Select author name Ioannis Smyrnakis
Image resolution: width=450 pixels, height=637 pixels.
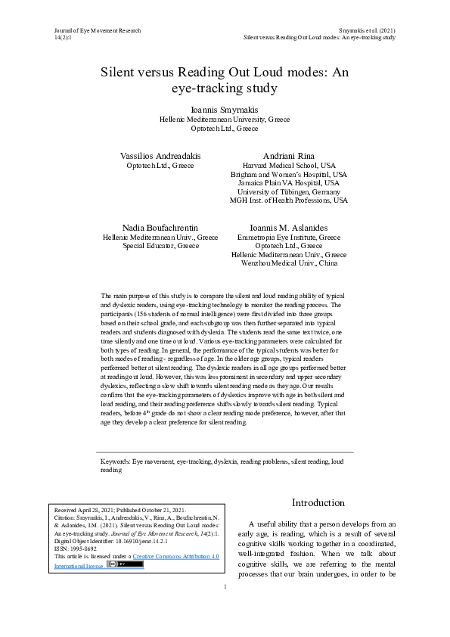click(225, 110)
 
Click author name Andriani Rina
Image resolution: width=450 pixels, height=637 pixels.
click(289, 155)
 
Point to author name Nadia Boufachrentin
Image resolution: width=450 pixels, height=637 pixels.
click(160, 227)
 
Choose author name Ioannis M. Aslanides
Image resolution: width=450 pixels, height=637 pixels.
click(289, 227)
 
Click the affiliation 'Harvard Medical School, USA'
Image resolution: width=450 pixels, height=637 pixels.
click(289, 165)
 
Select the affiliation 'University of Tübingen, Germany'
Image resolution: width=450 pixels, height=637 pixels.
click(289, 192)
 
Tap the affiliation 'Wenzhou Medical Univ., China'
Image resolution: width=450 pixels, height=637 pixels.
click(289, 264)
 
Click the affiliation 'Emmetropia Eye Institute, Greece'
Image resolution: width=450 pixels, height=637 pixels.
click(289, 237)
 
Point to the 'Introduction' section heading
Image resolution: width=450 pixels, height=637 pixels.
click(318, 503)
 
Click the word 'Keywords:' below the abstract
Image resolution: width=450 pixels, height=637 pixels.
click(116, 460)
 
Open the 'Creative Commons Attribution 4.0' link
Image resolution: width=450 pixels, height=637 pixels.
click(175, 556)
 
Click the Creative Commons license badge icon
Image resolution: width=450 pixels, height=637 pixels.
click(125, 564)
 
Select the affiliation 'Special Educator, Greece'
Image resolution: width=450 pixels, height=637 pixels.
click(160, 246)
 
